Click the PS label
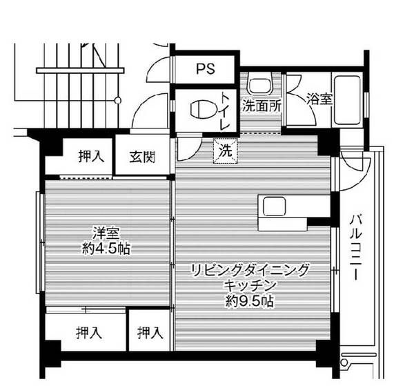pos(205,68)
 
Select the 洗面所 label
pos(261,107)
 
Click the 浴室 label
pos(319,99)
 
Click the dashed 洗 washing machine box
pos(225,150)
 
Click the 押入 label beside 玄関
pos(90,156)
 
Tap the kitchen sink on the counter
pos(274,206)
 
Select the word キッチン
pos(250,285)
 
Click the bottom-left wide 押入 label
pos(88,334)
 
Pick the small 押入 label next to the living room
pos(150,334)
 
